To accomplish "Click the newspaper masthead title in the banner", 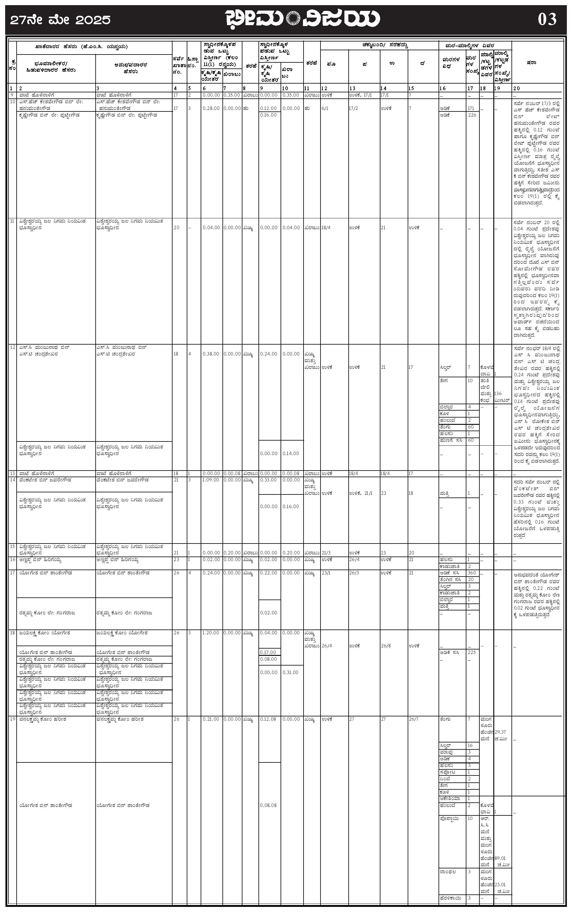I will [x=303, y=19].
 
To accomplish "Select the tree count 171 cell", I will [x=471, y=108].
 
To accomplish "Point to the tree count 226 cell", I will [x=472, y=115].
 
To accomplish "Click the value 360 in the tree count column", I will [x=472, y=573].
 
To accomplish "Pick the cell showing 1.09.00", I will [x=211, y=480].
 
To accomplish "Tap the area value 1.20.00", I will [x=211, y=633].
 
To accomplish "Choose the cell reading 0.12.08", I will [x=268, y=719].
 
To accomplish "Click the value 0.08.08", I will [x=268, y=805].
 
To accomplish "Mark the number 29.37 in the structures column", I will [x=500, y=732].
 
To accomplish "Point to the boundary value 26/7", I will [x=413, y=719].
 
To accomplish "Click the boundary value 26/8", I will [x=386, y=646].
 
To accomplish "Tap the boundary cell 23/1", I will [x=326, y=573].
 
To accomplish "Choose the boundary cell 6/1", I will [x=325, y=108].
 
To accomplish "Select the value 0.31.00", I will [x=290, y=672].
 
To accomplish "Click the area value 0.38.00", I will [x=211, y=354].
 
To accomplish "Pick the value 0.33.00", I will [x=268, y=480].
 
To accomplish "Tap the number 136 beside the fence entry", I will [x=498, y=394].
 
